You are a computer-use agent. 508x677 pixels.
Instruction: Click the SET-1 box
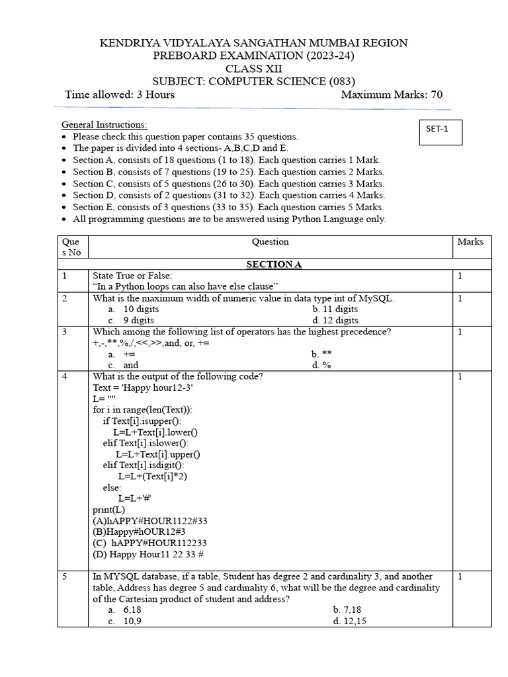click(x=441, y=132)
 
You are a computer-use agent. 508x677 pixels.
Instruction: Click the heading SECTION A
click(x=274, y=264)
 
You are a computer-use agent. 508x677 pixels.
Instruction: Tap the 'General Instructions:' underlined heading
click(x=105, y=125)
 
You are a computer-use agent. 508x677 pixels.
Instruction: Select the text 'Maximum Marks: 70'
click(x=392, y=95)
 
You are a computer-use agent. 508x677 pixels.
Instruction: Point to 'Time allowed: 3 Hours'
click(x=120, y=95)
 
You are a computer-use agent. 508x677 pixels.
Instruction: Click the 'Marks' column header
click(x=470, y=242)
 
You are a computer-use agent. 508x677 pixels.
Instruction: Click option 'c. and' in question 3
click(x=124, y=365)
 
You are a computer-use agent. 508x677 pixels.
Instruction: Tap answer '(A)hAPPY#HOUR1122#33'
click(x=150, y=521)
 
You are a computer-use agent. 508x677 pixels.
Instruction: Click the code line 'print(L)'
click(x=108, y=510)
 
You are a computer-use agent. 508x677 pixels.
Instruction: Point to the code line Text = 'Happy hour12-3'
click(x=143, y=387)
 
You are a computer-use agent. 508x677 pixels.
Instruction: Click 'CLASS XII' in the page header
click(x=253, y=69)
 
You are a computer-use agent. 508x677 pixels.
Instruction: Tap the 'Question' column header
click(x=270, y=242)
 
